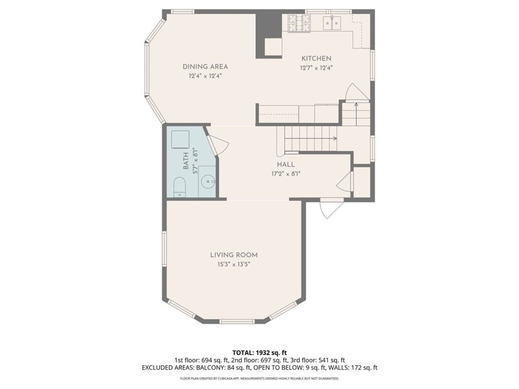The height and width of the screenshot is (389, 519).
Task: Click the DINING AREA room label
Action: click(x=205, y=67)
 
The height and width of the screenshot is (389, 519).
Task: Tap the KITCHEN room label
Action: click(x=316, y=58)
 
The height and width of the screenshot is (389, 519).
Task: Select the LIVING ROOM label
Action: click(x=233, y=255)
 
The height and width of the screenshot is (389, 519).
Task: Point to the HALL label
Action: click(x=286, y=164)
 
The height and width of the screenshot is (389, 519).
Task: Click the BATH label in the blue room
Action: click(x=186, y=160)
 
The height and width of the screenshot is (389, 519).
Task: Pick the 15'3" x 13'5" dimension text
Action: click(x=233, y=265)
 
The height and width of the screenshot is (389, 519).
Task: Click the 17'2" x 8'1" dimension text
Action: click(x=286, y=174)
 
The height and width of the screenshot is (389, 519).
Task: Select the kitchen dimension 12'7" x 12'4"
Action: click(x=316, y=68)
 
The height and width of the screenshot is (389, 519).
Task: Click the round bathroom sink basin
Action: click(x=208, y=181)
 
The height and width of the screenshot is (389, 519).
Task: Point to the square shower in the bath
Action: click(x=180, y=139)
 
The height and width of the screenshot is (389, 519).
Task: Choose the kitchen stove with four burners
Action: click(x=299, y=23)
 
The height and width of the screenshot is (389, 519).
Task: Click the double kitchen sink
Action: click(x=332, y=23)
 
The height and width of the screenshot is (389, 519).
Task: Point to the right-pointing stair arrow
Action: click(x=311, y=138)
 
